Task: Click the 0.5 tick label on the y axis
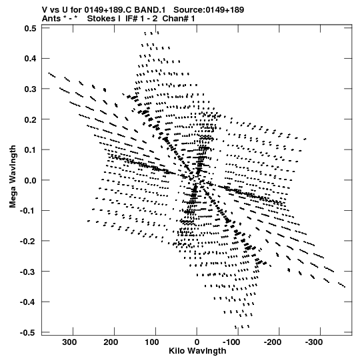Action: click(x=30, y=28)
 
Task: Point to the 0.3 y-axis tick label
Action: click(x=30, y=89)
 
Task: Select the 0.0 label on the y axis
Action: click(x=30, y=180)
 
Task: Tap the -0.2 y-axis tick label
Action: click(x=28, y=242)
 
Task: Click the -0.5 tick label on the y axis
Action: click(x=28, y=333)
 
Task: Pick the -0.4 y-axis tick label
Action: click(x=28, y=302)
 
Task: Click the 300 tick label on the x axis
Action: click(x=69, y=342)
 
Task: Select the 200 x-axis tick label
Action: click(x=111, y=342)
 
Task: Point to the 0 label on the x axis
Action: click(x=197, y=342)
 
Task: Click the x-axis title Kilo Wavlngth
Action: click(x=197, y=351)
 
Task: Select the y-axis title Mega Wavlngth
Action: click(x=13, y=177)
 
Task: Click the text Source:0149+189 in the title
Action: click(x=209, y=10)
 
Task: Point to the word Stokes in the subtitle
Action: click(x=103, y=19)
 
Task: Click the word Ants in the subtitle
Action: click(x=51, y=19)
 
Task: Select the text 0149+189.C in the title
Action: click(x=108, y=10)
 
